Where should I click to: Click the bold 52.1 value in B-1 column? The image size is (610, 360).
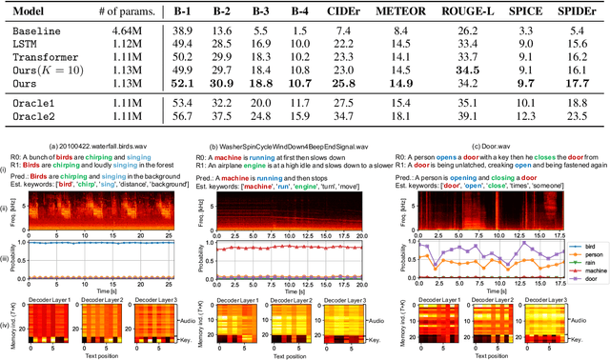tap(181, 84)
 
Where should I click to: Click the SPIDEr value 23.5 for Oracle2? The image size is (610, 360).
tap(574, 117)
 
